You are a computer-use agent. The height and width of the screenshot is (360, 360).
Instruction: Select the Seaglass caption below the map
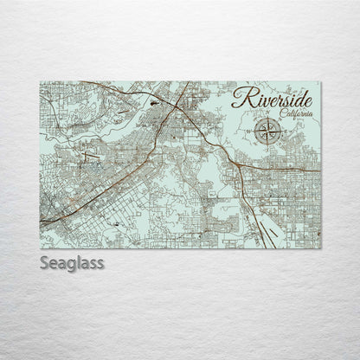(x=72, y=263)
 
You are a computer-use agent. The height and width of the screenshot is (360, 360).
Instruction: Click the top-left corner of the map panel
(x=40, y=82)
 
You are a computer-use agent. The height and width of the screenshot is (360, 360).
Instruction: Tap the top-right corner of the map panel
(x=320, y=82)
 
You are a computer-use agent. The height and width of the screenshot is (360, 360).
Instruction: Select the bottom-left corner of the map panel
(x=40, y=248)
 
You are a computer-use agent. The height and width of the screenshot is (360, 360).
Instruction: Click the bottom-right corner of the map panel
(x=320, y=248)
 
